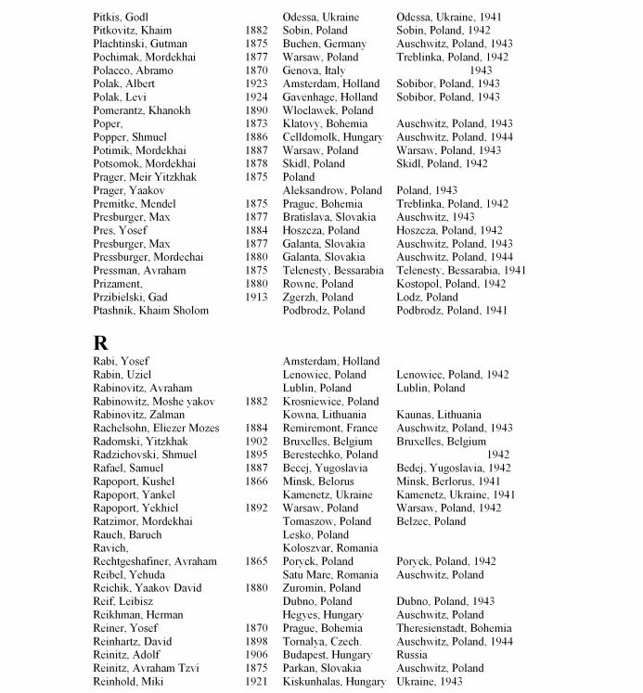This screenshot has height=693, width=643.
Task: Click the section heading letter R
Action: [x=101, y=340]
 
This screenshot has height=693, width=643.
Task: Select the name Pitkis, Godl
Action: [x=122, y=17]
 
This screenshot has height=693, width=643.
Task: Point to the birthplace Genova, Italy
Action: [x=314, y=70]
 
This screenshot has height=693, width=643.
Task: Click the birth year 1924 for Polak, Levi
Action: [x=257, y=96]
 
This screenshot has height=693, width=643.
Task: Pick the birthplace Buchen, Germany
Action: [x=324, y=44]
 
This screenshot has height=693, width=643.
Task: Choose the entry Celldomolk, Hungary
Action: [x=332, y=136]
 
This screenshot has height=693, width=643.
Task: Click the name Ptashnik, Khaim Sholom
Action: [x=149, y=310]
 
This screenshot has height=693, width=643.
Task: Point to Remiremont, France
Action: [x=329, y=428]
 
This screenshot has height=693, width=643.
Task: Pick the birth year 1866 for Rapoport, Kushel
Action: [x=257, y=481]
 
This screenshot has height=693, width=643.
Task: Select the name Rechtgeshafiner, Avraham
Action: [x=155, y=561]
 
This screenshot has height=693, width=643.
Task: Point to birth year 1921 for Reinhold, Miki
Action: [x=257, y=682]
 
